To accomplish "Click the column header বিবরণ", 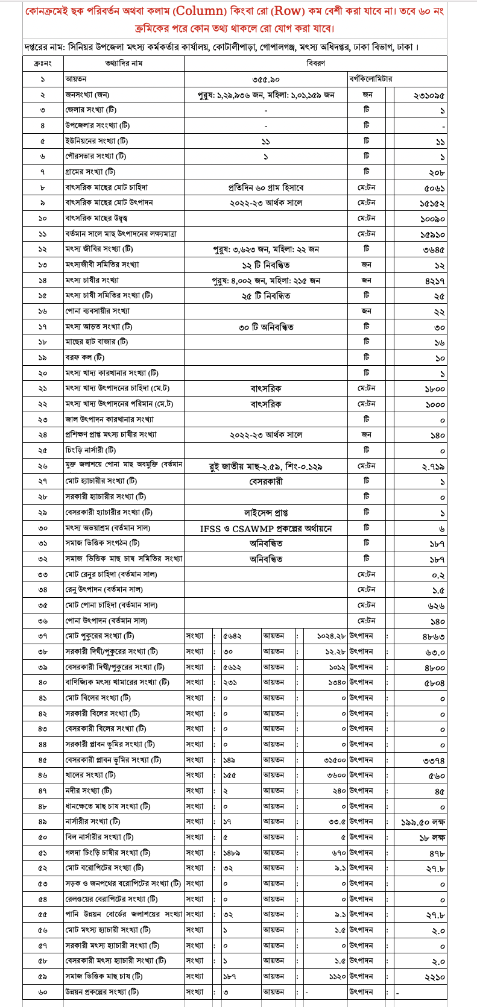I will (x=315, y=63).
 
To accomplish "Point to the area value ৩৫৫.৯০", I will (x=265, y=79).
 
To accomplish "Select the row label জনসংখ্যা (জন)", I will (x=87, y=95).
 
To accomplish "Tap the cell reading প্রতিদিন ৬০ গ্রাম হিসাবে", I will (x=265, y=188).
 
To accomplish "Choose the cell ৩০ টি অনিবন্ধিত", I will (x=265, y=327).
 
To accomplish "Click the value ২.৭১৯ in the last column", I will (x=434, y=466).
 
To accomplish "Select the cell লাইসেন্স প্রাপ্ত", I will (x=265, y=512).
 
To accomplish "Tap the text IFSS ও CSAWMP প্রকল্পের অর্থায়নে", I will (x=265, y=529).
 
